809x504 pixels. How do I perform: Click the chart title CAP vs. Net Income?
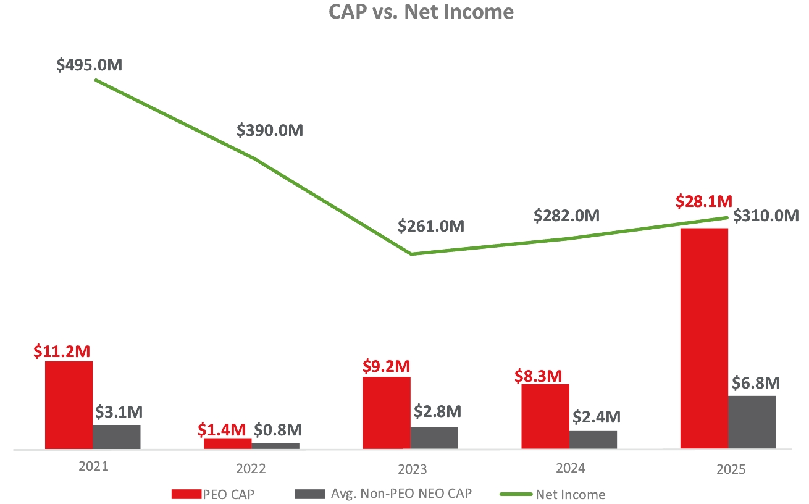(x=421, y=12)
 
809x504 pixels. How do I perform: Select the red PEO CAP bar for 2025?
(x=704, y=338)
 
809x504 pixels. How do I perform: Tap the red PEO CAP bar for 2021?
(x=69, y=405)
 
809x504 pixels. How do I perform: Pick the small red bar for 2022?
(x=227, y=443)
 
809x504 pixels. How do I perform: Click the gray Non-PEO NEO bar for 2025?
(x=752, y=422)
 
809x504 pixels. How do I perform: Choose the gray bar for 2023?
(x=434, y=438)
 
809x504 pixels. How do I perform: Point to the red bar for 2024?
(x=545, y=416)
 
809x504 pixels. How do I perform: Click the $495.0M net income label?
(x=89, y=65)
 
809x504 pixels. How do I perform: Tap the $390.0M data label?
(x=270, y=130)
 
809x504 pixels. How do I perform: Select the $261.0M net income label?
(x=431, y=226)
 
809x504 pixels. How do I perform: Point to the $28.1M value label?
(x=704, y=201)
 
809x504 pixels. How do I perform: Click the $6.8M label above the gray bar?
(x=756, y=383)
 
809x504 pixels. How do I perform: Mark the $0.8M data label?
(x=278, y=430)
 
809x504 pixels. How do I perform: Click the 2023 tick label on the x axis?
(x=412, y=469)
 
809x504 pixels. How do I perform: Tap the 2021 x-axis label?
(x=93, y=466)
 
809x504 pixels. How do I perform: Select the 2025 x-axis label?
(x=731, y=469)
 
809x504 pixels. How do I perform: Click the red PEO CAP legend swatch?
(x=187, y=494)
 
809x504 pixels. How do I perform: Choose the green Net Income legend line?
(x=516, y=494)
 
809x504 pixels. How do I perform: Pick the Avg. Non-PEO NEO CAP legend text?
(x=401, y=493)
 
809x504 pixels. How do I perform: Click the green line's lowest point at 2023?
(x=412, y=254)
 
